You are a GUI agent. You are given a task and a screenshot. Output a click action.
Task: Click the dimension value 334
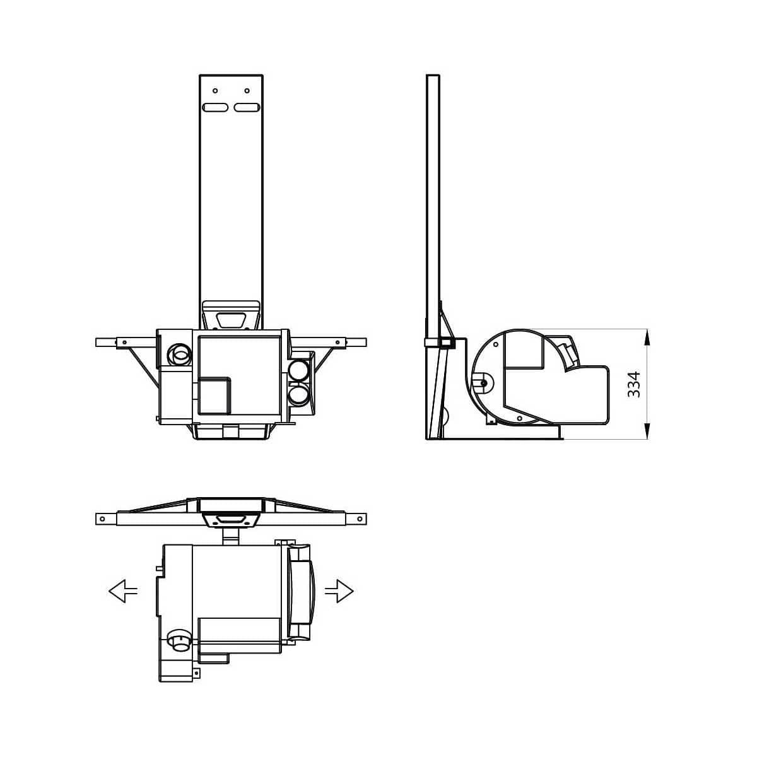click(x=634, y=384)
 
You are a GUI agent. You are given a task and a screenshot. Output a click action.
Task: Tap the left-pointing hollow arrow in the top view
click(x=123, y=592)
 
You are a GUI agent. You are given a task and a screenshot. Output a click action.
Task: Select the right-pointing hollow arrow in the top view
click(x=339, y=591)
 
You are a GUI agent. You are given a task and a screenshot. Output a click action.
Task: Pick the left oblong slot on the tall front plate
click(x=215, y=108)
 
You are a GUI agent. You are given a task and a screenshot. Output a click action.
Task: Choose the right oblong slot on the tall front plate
click(x=247, y=108)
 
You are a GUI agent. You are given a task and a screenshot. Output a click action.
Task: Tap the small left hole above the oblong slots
click(x=215, y=91)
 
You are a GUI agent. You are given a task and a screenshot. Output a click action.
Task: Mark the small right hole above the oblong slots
click(x=247, y=91)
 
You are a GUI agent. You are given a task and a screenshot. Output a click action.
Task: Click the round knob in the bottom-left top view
click(x=180, y=642)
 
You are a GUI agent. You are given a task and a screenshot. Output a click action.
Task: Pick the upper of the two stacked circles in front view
click(x=298, y=370)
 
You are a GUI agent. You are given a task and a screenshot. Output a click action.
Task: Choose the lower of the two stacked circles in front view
click(x=298, y=396)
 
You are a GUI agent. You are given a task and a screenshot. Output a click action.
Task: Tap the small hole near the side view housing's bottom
click(x=519, y=418)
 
